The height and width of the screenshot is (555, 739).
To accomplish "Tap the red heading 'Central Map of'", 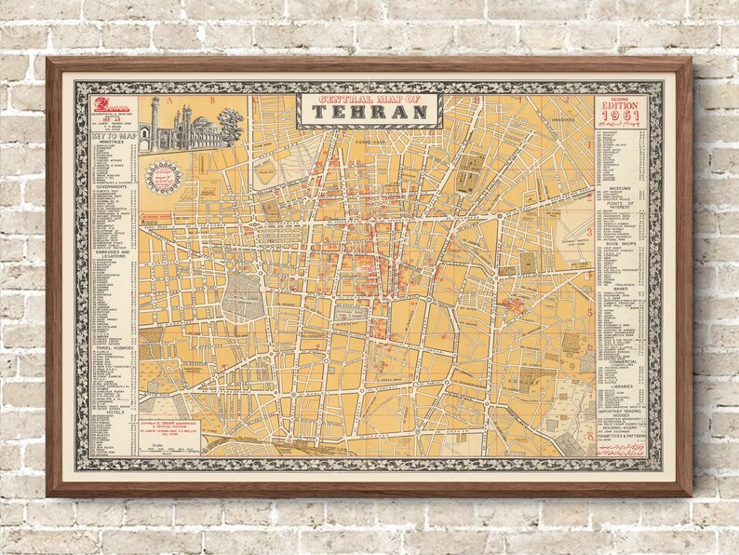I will click(369, 98).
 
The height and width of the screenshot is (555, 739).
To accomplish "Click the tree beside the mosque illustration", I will click(230, 121).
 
